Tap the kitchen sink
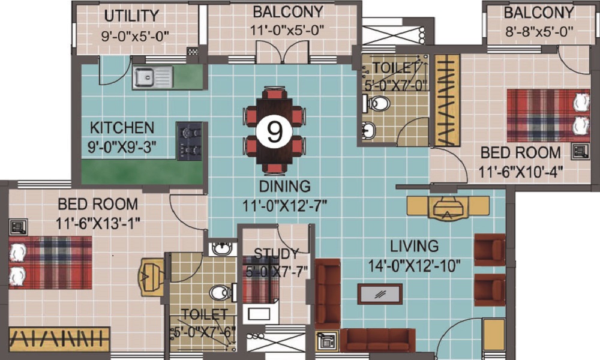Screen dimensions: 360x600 click(x=152, y=77)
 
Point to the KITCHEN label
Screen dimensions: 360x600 click(x=122, y=128)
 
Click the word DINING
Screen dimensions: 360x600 click(x=285, y=185)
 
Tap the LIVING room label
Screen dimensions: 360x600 click(x=414, y=246)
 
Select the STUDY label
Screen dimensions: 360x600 click(x=276, y=253)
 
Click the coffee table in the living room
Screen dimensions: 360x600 click(x=380, y=294)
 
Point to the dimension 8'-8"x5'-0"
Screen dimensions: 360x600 click(x=538, y=31)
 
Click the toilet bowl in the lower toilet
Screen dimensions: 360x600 click(x=221, y=293)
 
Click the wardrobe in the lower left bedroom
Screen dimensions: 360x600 click(x=59, y=339)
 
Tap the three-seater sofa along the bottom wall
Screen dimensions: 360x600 click(x=377, y=340)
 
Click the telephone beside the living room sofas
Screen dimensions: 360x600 click(x=328, y=340)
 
